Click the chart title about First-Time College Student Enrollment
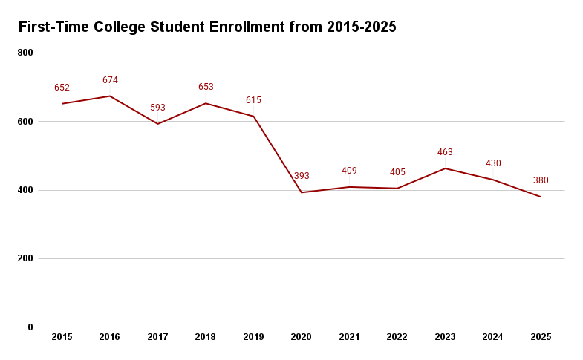pos(207,27)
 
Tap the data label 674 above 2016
pos(110,80)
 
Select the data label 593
pos(157,108)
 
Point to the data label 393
pos(302,176)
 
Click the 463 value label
pos(445,152)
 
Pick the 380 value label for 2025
pos(541,180)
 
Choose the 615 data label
pos(253,100)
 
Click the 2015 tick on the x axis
pos(62,337)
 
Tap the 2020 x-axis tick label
pos(302,337)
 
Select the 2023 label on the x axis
pos(445,337)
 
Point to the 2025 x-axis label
pos(541,337)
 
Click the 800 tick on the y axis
pos(25,53)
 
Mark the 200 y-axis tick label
pos(25,258)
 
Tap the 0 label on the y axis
pos(30,327)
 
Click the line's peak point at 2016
pos(110,96)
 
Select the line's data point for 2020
pos(302,192)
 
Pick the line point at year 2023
pos(445,168)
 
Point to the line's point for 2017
pos(157,123)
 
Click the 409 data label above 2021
pos(349,171)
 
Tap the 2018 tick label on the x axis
pos(206,337)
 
